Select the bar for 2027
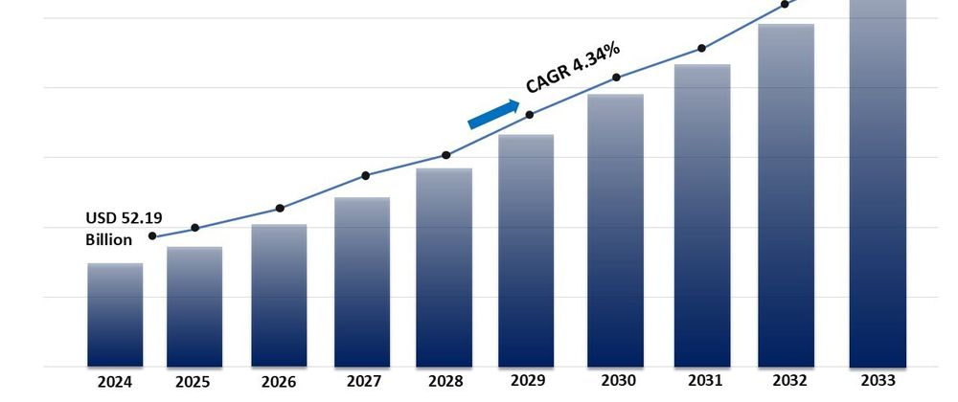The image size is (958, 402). tap(362, 281)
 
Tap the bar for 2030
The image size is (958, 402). tap(615, 230)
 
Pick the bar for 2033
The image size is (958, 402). tap(878, 182)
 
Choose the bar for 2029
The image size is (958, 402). tap(527, 250)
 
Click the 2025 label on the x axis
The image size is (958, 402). tap(194, 382)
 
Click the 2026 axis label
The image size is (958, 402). tap(279, 382)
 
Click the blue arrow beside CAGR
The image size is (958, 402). tap(492, 114)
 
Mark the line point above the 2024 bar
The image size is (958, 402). tap(152, 235)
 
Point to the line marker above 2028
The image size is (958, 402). tap(445, 155)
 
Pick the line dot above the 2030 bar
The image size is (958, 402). tap(616, 78)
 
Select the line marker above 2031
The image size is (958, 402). tap(701, 48)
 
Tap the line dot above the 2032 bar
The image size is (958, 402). tap(785, 4)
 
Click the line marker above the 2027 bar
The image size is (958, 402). tap(365, 175)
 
